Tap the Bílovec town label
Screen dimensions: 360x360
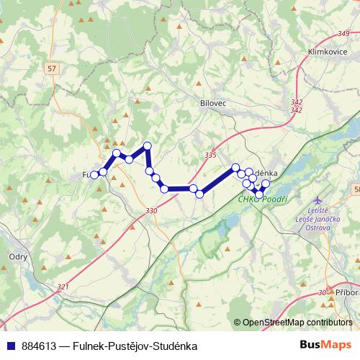[x=212, y=104]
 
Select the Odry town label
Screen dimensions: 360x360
[x=18, y=256]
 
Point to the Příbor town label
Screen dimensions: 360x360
[x=346, y=292]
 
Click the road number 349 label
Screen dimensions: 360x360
[x=343, y=35]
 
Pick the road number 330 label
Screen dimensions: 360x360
[x=150, y=210]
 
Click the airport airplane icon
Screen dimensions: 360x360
[x=320, y=199]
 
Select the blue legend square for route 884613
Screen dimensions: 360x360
[x=12, y=346]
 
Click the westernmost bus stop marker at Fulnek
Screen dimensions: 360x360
[x=94, y=174]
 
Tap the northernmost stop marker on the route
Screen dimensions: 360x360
[x=148, y=146]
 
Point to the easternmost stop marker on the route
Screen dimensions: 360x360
[x=266, y=184]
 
